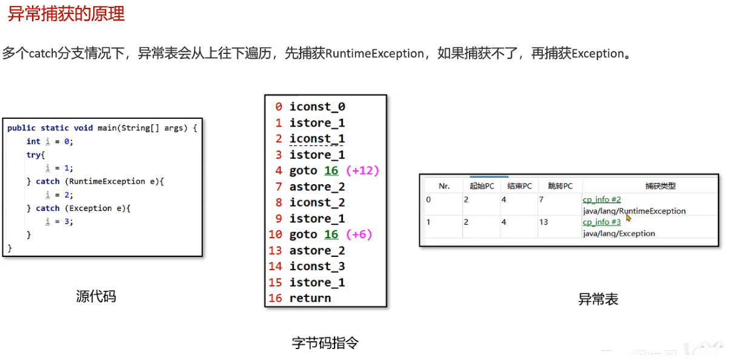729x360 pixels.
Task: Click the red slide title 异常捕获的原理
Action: tap(66, 14)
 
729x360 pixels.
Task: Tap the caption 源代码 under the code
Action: tap(96, 296)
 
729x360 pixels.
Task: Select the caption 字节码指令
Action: tap(325, 343)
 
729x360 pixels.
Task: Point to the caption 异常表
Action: tap(598, 299)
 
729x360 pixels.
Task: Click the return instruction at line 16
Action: tap(310, 298)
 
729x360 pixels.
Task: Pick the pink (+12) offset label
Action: tap(362, 171)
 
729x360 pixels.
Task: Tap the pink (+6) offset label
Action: tap(359, 235)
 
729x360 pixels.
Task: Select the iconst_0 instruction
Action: tap(317, 107)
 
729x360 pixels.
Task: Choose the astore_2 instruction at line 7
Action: tap(317, 187)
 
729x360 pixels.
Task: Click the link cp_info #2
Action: tap(602, 199)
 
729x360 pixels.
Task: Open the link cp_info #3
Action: tap(602, 222)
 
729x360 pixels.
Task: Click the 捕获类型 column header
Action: tap(660, 186)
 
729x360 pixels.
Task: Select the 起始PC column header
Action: tap(482, 186)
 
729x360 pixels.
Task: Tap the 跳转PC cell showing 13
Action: tap(544, 222)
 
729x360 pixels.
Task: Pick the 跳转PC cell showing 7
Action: tap(541, 199)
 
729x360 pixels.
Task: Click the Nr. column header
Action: tap(444, 186)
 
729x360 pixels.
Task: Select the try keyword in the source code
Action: tap(33, 155)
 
